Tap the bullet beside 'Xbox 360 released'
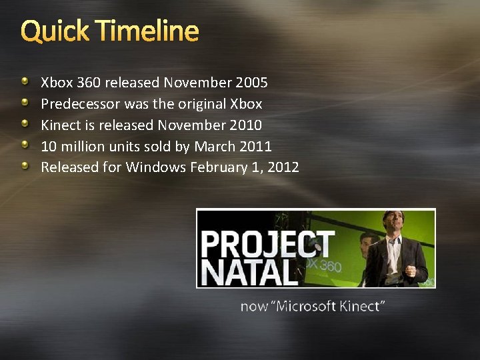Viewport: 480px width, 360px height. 25,82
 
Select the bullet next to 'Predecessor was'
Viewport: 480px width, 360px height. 25,103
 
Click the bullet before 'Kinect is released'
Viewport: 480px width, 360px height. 25,125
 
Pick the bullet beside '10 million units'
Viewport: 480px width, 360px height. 25,145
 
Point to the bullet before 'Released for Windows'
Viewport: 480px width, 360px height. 25,167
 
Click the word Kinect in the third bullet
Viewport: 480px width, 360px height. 59,125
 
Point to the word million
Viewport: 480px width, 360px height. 81,146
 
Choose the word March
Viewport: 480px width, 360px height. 213,146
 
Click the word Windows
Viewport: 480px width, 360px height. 155,167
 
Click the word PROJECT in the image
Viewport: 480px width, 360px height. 267,245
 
